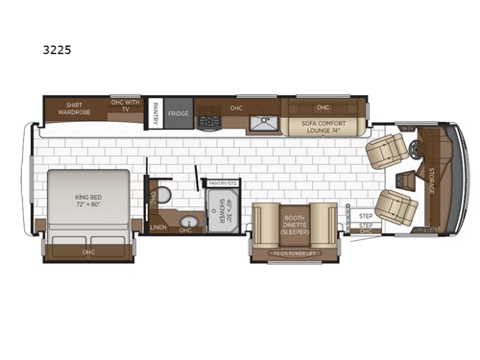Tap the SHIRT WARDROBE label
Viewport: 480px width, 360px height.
74,108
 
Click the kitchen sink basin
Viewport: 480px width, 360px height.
260,122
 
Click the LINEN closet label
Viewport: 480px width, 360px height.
159,228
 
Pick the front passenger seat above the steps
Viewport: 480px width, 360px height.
394,204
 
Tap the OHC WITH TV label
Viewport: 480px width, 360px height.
124,105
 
